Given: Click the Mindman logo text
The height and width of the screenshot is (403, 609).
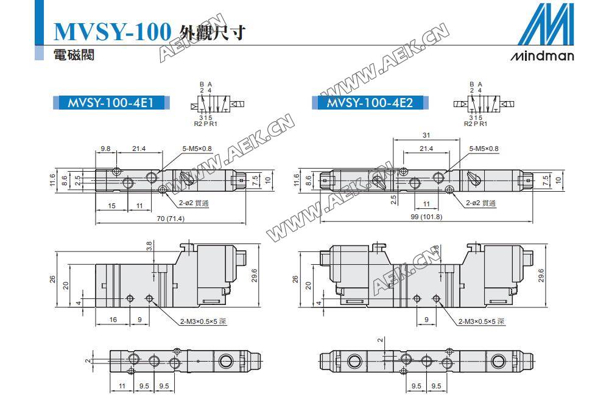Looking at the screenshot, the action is pos(542,56).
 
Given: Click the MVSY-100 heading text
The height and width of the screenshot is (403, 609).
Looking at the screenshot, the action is pos(112,32).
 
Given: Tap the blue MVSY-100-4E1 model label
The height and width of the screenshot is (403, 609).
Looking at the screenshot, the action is pos(111,102).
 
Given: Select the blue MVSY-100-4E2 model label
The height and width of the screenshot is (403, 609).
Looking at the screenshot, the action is pos(370,102).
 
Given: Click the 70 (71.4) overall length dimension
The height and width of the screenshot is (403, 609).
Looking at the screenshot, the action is pos(171,219).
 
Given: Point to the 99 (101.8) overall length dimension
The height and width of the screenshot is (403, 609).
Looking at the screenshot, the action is pos(426,217).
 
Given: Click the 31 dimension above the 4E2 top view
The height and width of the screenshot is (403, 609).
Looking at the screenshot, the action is pos(426,135).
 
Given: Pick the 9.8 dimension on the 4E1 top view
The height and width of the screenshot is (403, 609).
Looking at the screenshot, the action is pos(105,149).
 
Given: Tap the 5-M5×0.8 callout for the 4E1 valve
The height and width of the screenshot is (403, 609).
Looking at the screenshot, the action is pos(197,149).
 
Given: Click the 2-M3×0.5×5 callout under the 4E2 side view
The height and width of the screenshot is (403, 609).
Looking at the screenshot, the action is pos(481,321).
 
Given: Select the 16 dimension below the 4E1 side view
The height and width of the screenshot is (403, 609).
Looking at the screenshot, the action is pos(113,320).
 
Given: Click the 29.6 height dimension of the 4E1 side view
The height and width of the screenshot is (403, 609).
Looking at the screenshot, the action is pos(255,275).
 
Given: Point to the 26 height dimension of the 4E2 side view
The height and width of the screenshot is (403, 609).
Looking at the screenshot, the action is pos(295,279).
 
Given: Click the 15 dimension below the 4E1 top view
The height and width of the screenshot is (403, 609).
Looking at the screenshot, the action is pos(111,206).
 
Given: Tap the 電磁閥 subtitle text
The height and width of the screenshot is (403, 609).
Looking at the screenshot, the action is pos(74,54).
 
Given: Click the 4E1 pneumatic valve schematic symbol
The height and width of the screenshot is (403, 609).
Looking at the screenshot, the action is pos(217,104).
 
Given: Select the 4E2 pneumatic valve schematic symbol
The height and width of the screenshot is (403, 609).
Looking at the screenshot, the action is pos(484,104).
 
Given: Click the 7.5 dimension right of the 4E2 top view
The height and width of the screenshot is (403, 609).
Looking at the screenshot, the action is pos(546,180).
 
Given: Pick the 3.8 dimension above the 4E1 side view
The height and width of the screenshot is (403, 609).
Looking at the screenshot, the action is pos(150,246).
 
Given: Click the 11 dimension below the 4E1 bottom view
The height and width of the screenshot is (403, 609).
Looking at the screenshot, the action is pos(122,386).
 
